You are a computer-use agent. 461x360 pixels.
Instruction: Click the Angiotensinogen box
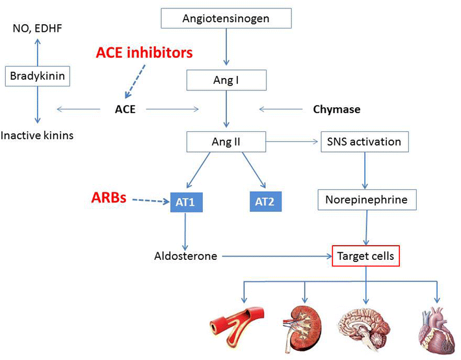point(225,18)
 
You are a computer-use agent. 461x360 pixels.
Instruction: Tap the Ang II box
point(226,140)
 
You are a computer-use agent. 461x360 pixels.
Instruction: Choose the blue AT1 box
point(187,203)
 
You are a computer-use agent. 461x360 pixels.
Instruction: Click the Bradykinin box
point(37,76)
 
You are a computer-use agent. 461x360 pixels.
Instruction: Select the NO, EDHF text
point(38,29)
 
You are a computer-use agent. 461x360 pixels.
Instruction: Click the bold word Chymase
point(336,109)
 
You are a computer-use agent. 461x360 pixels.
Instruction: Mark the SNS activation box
point(365,140)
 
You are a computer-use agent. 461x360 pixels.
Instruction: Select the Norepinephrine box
point(366,199)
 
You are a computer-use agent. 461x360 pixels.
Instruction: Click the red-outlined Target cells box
point(365,256)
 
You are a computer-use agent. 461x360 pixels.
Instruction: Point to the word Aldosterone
point(185,256)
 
